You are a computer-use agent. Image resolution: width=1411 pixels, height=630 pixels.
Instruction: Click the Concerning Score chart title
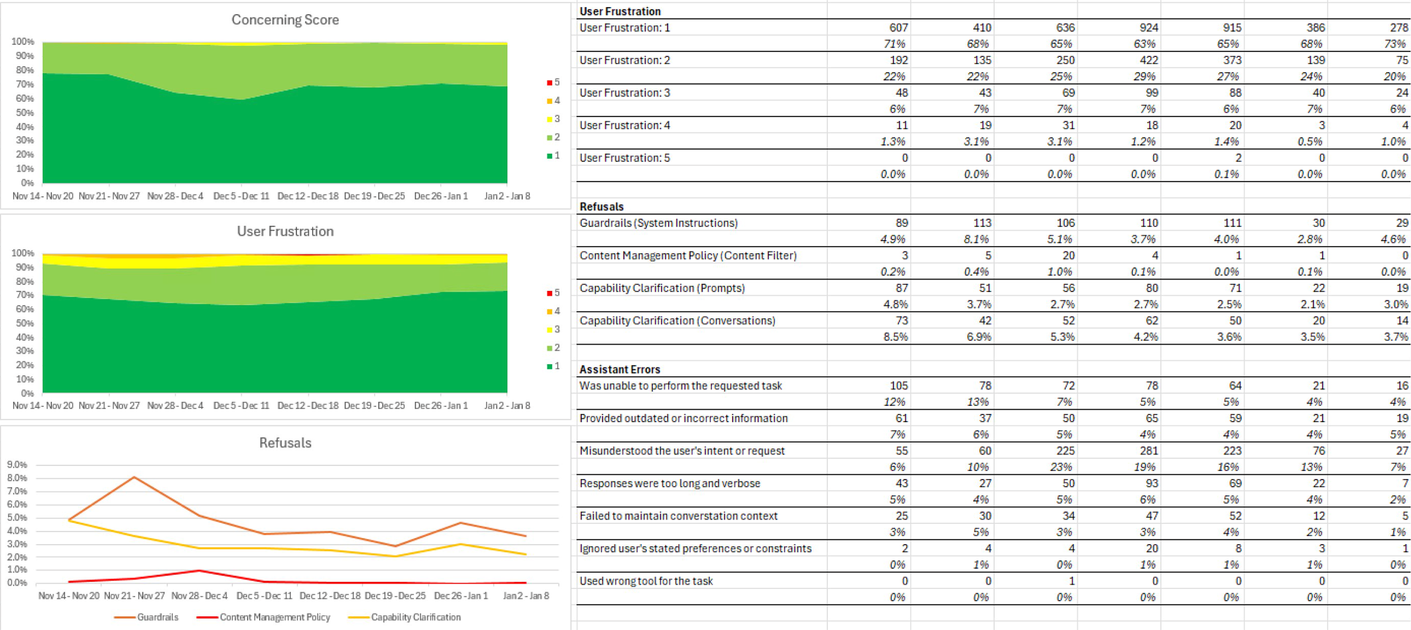285,20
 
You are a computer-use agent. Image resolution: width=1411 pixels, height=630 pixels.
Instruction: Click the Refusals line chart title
285,443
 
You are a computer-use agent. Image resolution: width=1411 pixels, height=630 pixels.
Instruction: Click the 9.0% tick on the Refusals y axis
17,464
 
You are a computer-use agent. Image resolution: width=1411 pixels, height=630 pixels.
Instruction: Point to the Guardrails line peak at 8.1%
134,477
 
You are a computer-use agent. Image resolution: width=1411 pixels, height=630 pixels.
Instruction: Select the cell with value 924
1149,27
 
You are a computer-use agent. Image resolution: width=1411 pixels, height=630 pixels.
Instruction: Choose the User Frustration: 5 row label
624,158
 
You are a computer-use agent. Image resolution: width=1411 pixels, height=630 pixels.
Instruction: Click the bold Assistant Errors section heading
620,369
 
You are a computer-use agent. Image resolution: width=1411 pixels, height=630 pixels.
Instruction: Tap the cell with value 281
1149,451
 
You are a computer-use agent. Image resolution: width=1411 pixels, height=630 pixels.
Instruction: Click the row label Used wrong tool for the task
646,581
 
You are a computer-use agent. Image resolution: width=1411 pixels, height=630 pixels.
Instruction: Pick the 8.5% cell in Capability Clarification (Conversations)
895,336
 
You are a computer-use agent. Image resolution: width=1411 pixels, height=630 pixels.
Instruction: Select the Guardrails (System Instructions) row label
658,223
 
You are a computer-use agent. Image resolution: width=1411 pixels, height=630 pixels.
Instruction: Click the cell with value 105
898,385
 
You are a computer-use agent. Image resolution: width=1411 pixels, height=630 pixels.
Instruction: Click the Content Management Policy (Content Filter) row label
688,255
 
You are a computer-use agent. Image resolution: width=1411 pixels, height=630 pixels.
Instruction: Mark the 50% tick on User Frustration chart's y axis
25,323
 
